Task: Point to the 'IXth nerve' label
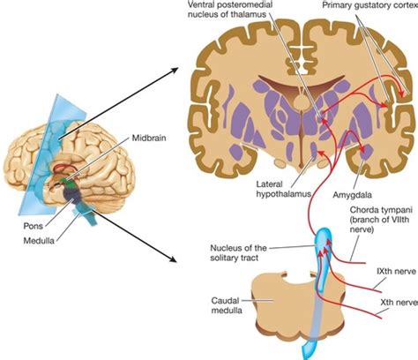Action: tap(393, 268)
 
